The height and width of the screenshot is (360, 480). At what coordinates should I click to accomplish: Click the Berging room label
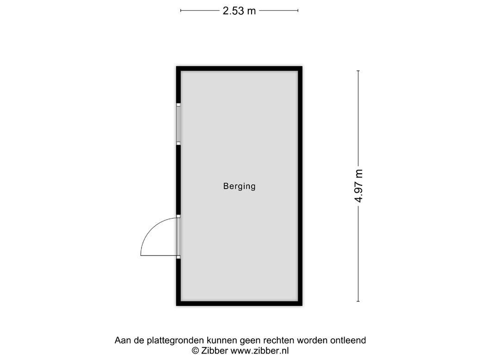tap(239, 187)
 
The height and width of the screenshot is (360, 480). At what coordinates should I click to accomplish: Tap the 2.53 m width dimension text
tap(239, 11)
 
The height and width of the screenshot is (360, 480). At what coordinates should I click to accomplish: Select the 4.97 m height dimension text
tap(359, 186)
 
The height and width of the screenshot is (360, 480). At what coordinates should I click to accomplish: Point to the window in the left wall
tap(178, 123)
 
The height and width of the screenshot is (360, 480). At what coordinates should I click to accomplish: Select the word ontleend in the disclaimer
tap(348, 341)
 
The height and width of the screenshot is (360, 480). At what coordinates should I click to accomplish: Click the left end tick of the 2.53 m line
tap(181, 11)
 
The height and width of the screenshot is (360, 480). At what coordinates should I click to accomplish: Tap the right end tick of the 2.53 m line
tap(298, 11)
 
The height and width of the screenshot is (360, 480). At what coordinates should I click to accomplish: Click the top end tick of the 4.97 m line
tap(358, 71)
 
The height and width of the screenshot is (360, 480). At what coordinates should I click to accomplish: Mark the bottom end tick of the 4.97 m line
tap(358, 301)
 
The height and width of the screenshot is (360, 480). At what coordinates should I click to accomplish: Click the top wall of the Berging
tap(239, 69)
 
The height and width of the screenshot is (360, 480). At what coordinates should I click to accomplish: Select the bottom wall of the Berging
tap(239, 303)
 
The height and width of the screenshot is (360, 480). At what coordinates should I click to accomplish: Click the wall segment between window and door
tap(178, 180)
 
